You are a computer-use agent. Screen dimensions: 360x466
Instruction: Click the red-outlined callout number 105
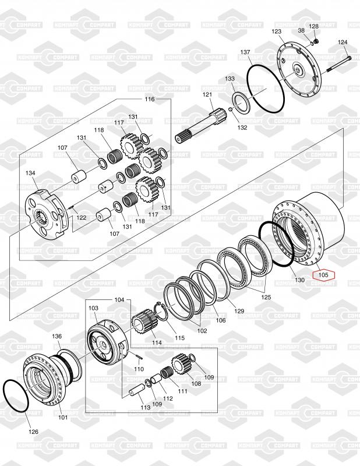coord(323,275)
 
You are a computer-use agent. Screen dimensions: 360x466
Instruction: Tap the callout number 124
coord(343,42)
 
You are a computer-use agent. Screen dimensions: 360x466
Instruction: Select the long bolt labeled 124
coord(339,65)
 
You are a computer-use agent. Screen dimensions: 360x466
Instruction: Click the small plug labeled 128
coord(316,41)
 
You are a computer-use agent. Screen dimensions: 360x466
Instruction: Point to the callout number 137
coord(245,52)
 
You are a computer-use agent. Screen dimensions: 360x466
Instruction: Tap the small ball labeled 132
coord(230,110)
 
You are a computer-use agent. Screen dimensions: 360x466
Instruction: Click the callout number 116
coord(150,99)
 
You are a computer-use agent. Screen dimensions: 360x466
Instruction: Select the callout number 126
coord(33,432)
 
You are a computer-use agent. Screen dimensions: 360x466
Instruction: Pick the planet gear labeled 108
coord(181,366)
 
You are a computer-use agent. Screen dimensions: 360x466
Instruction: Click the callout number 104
coord(119,299)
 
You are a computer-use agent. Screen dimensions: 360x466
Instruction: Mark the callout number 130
coord(299,280)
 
